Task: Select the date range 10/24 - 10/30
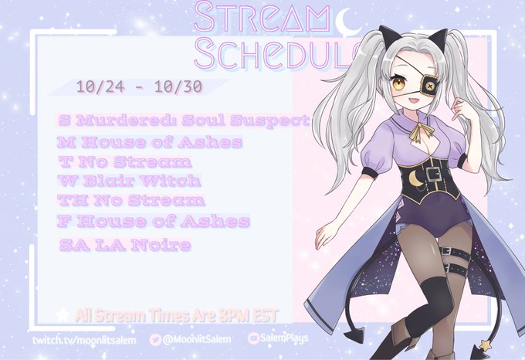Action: pos(140,87)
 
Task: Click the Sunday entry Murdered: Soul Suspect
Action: pos(183,121)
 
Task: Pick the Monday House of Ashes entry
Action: pos(149,142)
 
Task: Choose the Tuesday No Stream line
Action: pos(124,162)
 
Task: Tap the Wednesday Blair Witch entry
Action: pos(129,181)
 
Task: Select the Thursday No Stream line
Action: pos(131,200)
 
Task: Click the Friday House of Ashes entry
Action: pos(154,222)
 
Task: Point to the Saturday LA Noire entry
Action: pos(125,245)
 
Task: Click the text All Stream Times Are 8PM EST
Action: pos(177,315)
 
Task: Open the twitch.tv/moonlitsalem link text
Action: pos(84,340)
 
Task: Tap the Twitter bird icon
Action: pos(155,340)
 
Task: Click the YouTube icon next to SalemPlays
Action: pos(253,338)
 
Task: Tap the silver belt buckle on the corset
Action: pos(434,174)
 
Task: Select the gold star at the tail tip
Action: pos(485,344)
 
